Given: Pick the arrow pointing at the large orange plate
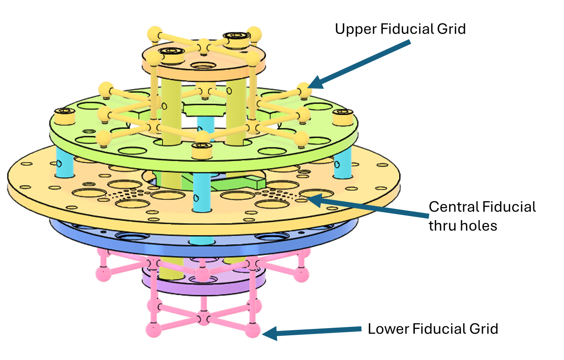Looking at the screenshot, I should [x=370, y=208].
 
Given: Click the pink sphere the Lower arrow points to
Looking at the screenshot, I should [x=253, y=330].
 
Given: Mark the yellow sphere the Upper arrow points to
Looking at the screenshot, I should [x=304, y=89].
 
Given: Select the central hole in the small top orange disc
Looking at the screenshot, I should [x=203, y=66].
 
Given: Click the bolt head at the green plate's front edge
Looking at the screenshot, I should [x=201, y=150].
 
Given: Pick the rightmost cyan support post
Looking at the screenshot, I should [x=342, y=165].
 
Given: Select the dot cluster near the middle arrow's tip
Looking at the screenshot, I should [x=277, y=193].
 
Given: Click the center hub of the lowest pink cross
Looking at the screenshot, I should [x=203, y=318].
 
